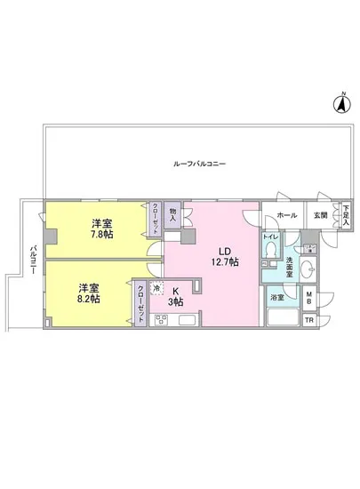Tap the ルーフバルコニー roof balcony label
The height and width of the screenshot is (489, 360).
point(200,164)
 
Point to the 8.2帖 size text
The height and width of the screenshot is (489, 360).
point(87,299)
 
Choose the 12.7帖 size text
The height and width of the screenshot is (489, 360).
point(224,262)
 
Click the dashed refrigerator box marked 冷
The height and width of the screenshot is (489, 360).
point(157,290)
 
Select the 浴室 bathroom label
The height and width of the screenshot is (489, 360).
point(276,297)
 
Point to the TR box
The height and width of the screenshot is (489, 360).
point(308,319)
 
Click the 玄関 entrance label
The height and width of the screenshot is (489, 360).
point(319,215)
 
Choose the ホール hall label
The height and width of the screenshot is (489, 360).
point(287,215)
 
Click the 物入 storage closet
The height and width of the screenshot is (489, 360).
point(172,214)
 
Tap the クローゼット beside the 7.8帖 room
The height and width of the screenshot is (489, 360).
point(156,218)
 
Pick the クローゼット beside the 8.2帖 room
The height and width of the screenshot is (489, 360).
point(140,303)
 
